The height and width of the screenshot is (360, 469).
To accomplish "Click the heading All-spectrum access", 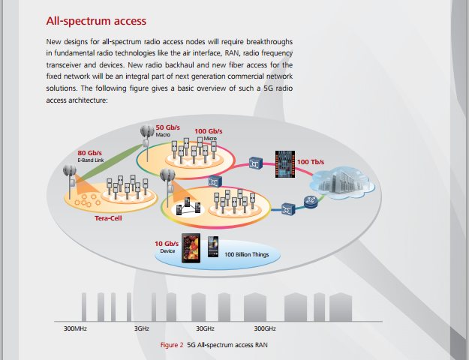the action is point(96,21).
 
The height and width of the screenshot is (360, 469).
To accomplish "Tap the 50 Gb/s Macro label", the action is point(167,130).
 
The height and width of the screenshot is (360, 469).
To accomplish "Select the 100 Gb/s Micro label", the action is point(209,134).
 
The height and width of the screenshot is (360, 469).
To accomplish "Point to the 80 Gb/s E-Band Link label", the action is point(90,157).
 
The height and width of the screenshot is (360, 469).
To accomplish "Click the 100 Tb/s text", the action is point(311,162).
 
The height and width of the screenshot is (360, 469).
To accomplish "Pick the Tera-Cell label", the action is point(108,218).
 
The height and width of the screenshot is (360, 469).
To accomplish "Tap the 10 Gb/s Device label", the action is point(167,247).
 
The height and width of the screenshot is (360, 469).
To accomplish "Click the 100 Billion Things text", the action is point(246,254).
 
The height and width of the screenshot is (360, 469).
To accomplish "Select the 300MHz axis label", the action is point(75,328).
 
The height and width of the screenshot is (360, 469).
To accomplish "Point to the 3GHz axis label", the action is point(142,328).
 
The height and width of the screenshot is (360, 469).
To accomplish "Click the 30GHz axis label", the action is point(205,328).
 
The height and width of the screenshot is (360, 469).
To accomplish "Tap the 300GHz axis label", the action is point(265,328).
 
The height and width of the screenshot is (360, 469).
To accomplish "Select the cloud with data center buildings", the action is point(342,182).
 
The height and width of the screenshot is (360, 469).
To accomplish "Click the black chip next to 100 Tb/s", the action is point(285,164).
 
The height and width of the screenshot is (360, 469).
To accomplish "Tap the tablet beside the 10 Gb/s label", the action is point(191,248).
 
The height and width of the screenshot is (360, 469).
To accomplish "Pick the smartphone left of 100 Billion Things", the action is point(213,247).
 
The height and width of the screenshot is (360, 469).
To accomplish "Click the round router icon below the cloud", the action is point(311,202).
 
